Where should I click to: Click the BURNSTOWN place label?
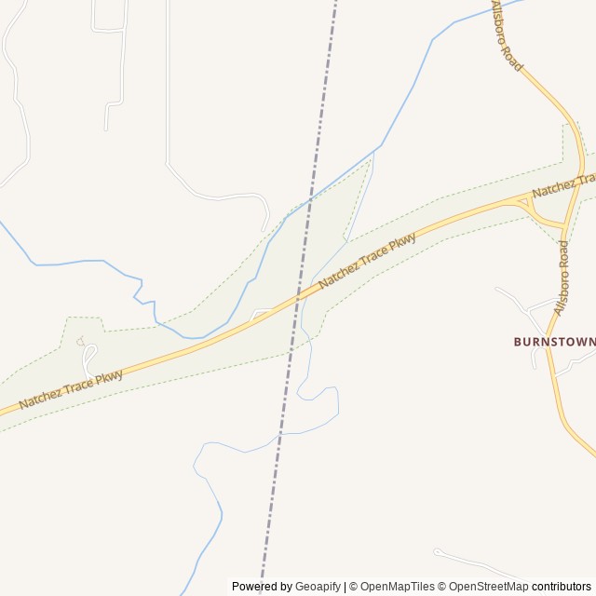pyautogui.click(x=554, y=342)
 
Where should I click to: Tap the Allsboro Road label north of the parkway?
pyautogui.click(x=508, y=36)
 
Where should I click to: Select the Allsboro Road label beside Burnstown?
pyautogui.click(x=562, y=277)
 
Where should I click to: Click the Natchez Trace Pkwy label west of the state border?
pyautogui.click(x=71, y=389)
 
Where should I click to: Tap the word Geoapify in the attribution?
pyautogui.click(x=318, y=587)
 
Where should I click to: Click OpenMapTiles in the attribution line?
pyautogui.click(x=398, y=587)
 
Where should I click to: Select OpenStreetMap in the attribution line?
pyautogui.click(x=486, y=587)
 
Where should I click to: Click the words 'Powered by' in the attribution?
pyautogui.click(x=262, y=587)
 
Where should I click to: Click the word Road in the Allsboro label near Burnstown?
pyautogui.click(x=563, y=254)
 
